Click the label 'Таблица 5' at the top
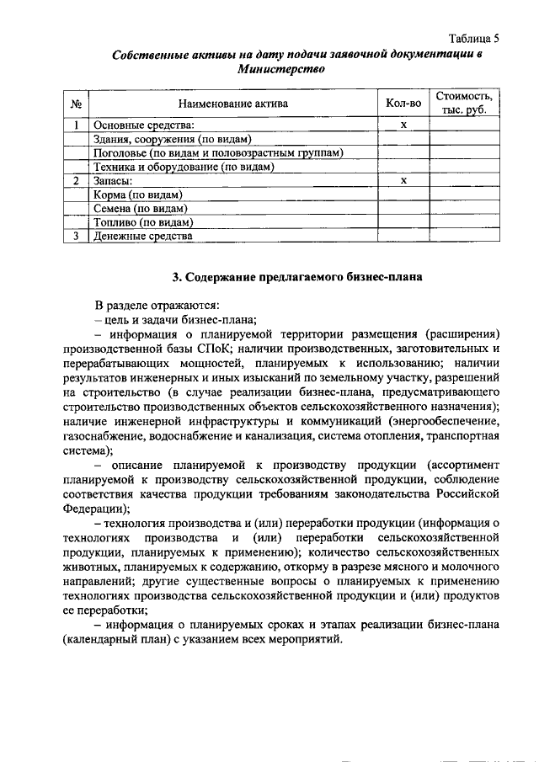(473, 39)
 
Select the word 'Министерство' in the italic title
(280, 71)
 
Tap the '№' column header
(76, 104)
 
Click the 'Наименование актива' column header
(232, 104)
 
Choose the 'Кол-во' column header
(403, 104)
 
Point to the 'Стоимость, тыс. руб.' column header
(464, 104)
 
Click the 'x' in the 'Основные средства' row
(403, 125)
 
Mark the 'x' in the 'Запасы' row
(403, 180)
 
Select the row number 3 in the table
(76, 237)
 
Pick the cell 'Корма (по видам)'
(138, 194)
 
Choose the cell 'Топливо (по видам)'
(143, 222)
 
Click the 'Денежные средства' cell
(142, 237)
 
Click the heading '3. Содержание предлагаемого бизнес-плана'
(291, 277)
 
